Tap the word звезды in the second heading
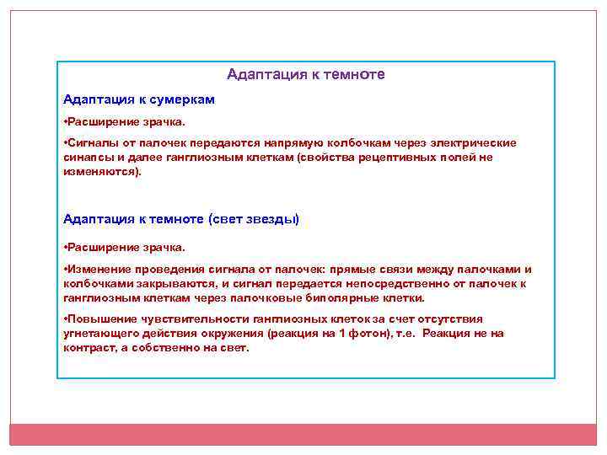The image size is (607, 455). [x=271, y=219]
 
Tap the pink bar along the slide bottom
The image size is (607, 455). [x=303, y=434]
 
